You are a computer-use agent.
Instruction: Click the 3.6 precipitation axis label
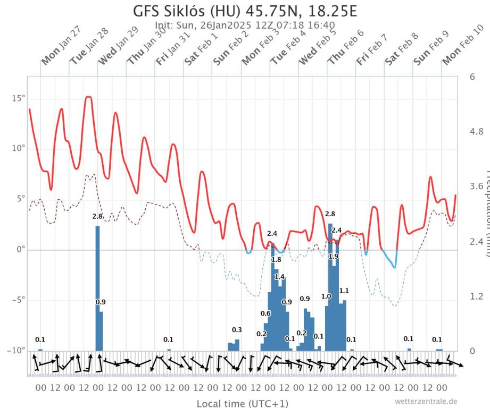click(476, 186)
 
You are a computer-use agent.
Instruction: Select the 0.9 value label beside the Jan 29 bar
click(101, 302)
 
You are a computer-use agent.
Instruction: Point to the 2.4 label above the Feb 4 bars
click(272, 233)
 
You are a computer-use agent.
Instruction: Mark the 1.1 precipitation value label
click(344, 291)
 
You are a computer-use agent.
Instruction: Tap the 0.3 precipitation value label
click(237, 329)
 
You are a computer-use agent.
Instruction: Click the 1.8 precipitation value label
click(276, 260)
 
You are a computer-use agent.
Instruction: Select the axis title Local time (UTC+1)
click(243, 403)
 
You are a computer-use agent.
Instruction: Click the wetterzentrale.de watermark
click(426, 402)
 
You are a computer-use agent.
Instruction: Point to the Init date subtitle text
click(245, 25)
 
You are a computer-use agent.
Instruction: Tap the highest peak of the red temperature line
click(88, 97)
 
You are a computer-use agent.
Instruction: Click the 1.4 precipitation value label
click(279, 277)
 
